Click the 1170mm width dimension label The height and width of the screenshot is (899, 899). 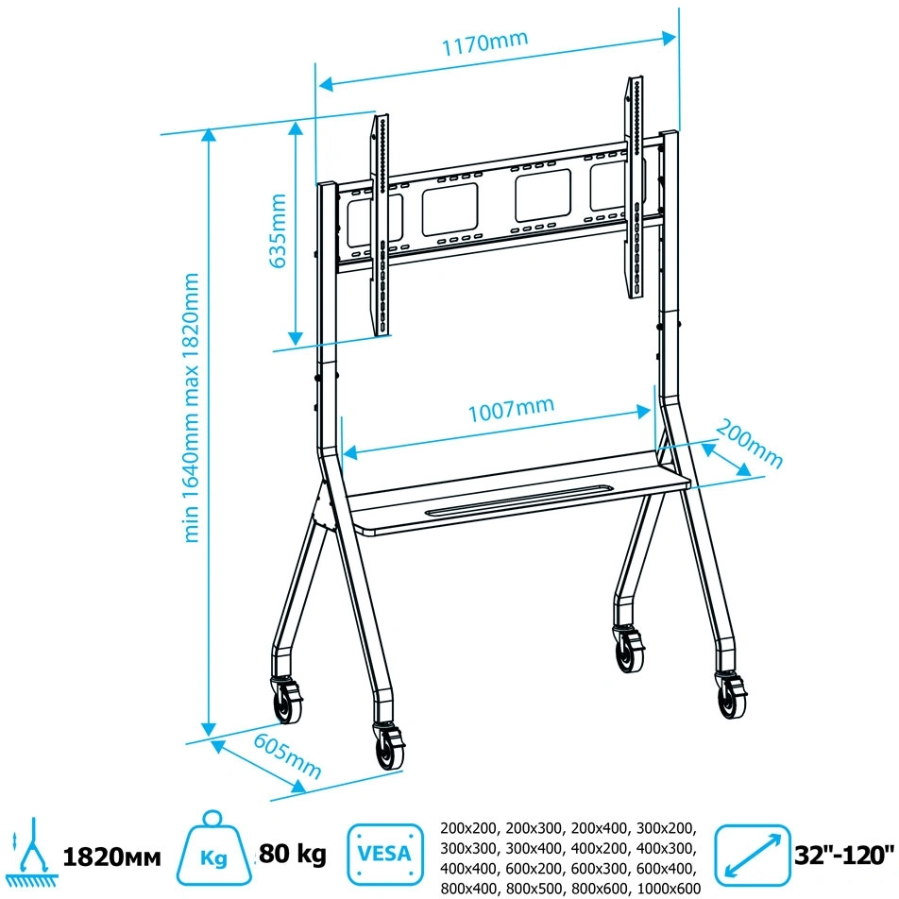click(484, 42)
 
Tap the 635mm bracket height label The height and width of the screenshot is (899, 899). click(278, 230)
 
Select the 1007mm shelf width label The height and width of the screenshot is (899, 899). click(512, 409)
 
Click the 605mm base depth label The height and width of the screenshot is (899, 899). click(287, 756)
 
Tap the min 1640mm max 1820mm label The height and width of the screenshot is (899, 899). click(191, 408)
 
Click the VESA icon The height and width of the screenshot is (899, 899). click(384, 855)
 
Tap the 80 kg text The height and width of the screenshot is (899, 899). click(293, 854)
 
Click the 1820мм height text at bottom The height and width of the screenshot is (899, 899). click(111, 857)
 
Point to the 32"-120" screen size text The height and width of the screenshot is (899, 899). click(844, 856)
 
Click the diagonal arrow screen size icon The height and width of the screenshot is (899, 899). click(753, 855)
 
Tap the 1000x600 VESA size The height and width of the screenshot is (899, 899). click(670, 888)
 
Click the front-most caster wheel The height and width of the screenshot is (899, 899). click(389, 747)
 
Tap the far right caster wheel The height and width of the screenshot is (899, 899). click(732, 695)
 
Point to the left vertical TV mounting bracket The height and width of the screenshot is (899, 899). click(381, 225)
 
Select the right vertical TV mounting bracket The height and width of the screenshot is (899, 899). click(635, 188)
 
